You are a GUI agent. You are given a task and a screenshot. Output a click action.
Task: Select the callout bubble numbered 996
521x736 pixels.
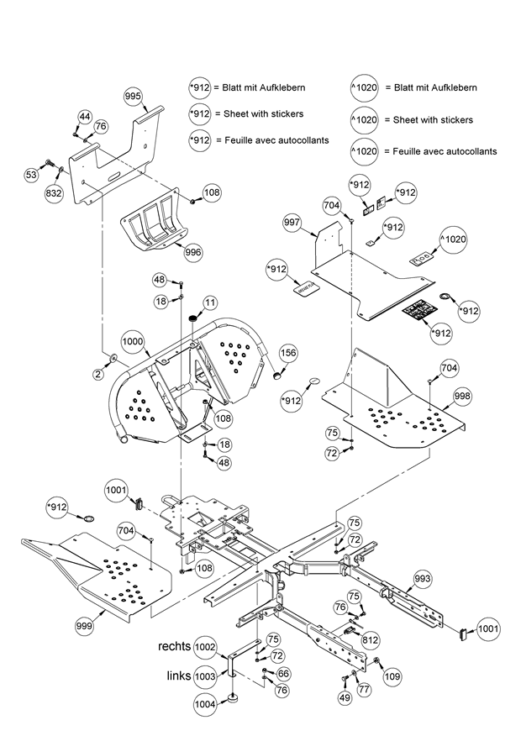pyautogui.click(x=193, y=251)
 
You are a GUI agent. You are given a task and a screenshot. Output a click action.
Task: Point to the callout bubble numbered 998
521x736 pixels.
pyautogui.click(x=462, y=395)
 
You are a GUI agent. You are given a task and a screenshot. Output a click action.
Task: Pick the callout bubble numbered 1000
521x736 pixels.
pyautogui.click(x=132, y=343)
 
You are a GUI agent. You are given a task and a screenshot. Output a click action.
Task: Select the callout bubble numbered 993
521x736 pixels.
pyautogui.click(x=423, y=578)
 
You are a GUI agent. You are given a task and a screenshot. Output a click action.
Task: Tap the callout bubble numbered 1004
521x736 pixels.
pyautogui.click(x=205, y=704)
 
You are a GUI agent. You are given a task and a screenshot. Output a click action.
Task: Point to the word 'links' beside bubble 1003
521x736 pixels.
pyautogui.click(x=180, y=676)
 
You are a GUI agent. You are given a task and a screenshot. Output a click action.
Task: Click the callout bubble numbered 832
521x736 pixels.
pyautogui.click(x=55, y=192)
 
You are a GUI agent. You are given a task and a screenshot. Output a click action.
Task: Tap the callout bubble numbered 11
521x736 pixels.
pyautogui.click(x=209, y=302)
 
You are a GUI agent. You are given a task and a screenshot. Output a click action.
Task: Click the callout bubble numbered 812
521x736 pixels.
pyautogui.click(x=370, y=639)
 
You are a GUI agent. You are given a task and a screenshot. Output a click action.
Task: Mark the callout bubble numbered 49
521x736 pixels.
pyautogui.click(x=345, y=697)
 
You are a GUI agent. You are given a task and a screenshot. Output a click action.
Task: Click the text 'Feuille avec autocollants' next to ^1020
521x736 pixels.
pyautogui.click(x=439, y=151)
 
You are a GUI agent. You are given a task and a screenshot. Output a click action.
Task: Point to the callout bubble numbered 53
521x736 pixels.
pyautogui.click(x=31, y=175)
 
